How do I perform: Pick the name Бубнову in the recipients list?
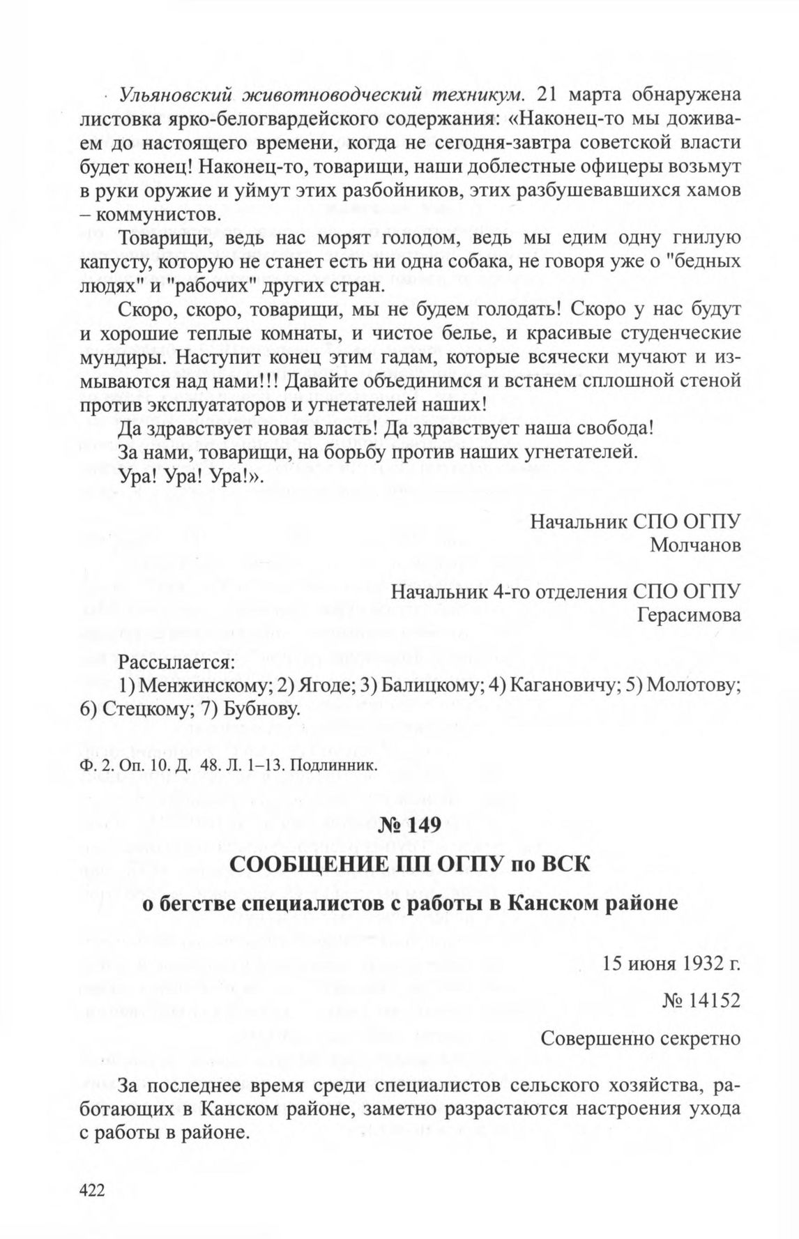[x=264, y=710]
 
